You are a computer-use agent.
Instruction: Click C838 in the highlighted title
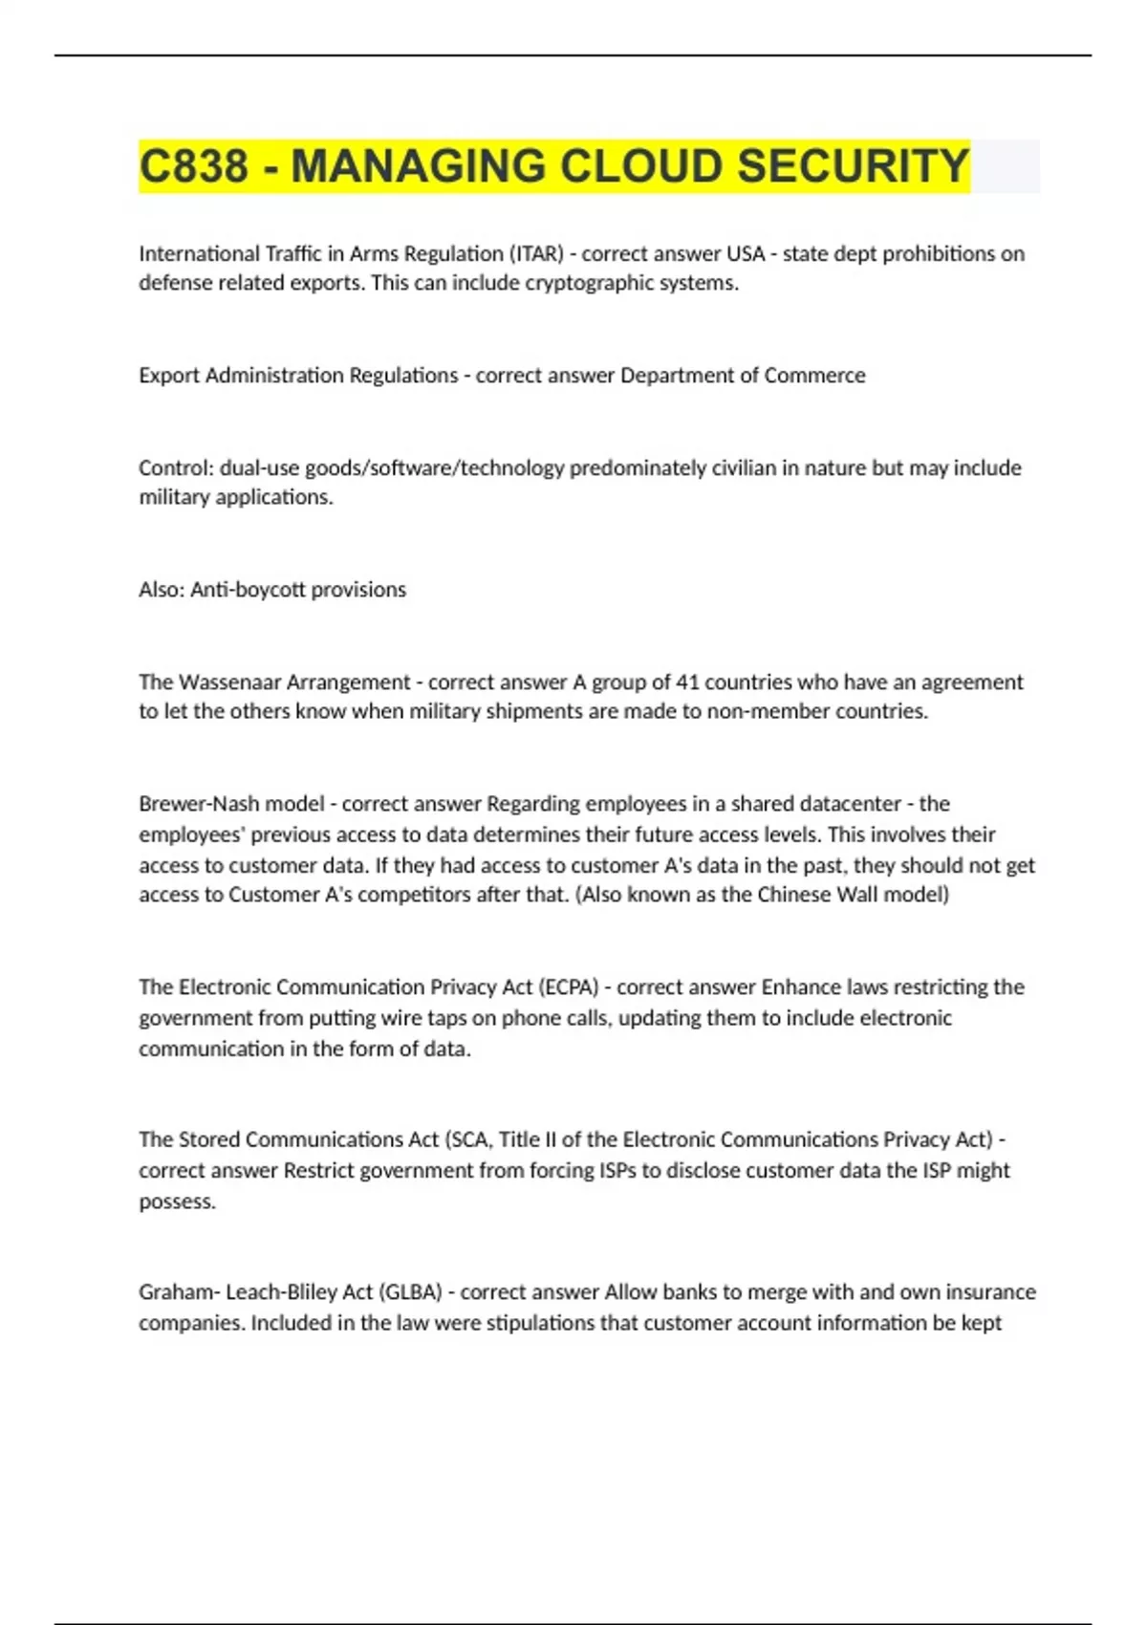point(193,166)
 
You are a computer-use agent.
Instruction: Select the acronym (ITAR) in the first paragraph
point(538,253)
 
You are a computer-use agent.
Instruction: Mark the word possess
point(177,1201)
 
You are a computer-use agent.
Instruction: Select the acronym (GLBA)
point(411,1292)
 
